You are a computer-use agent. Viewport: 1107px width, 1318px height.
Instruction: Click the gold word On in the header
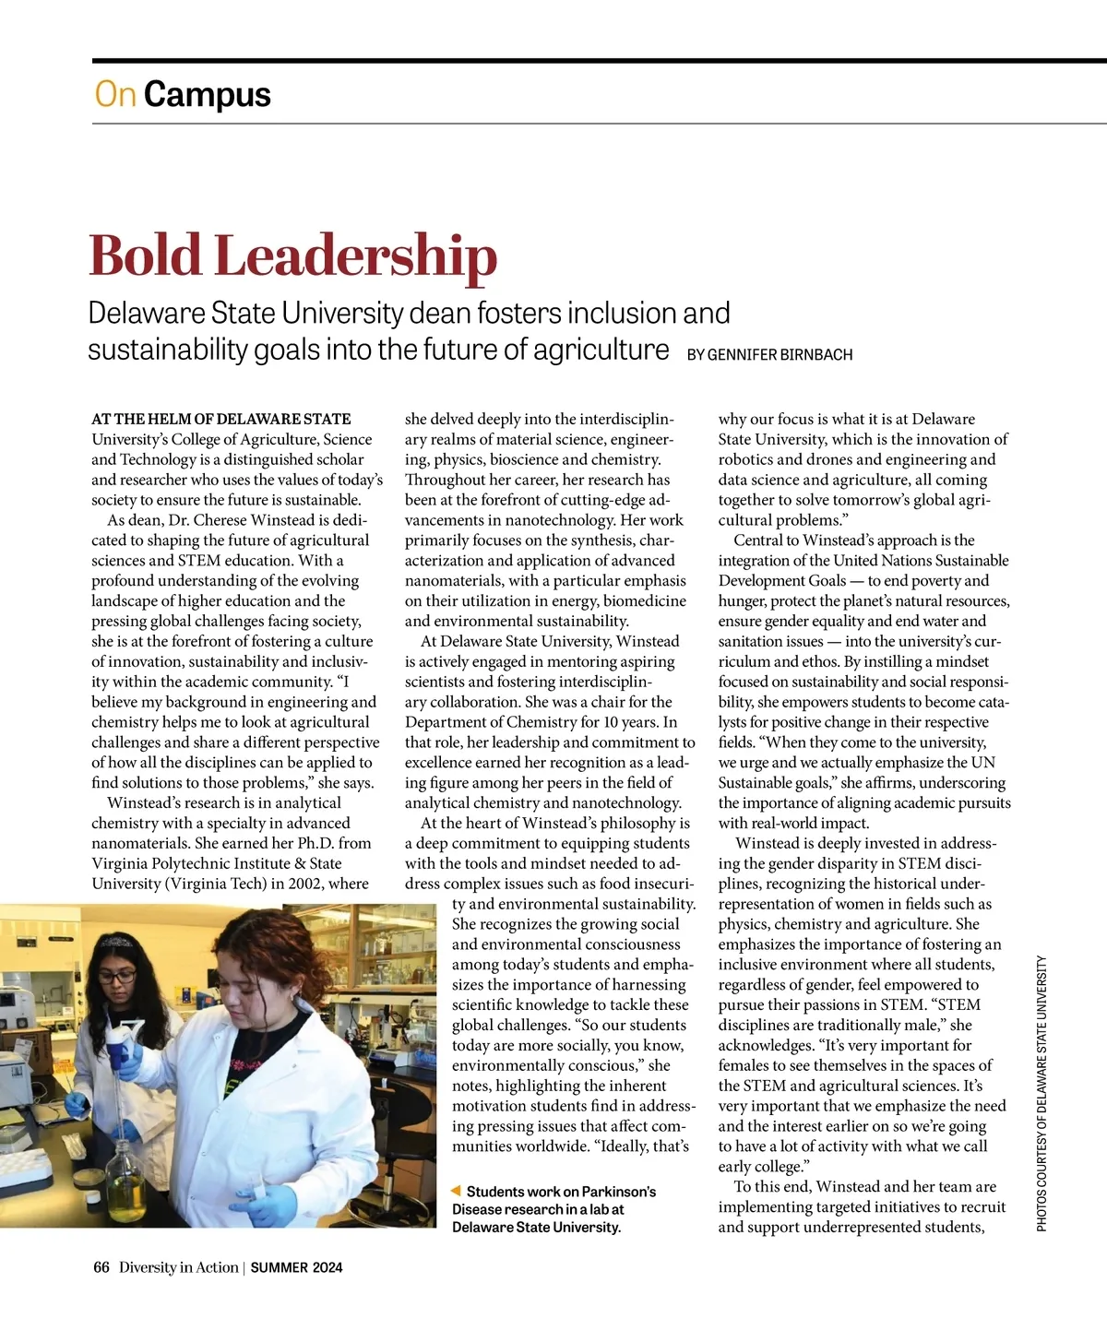(x=114, y=94)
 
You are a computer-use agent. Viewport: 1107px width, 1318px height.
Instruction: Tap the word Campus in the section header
(x=208, y=94)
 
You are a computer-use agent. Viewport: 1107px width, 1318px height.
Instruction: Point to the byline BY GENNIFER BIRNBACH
(x=769, y=354)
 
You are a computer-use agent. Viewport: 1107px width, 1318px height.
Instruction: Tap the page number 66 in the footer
(x=101, y=1267)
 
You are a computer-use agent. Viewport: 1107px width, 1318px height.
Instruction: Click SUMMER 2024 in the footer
(x=296, y=1267)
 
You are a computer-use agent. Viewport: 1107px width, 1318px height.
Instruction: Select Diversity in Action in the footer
(x=178, y=1267)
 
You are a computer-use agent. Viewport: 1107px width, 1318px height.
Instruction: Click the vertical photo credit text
(x=1042, y=1093)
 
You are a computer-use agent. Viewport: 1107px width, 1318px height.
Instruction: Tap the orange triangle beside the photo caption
(x=455, y=1192)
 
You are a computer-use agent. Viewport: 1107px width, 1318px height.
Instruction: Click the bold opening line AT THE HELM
(x=220, y=419)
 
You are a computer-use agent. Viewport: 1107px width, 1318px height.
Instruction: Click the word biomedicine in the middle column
(x=644, y=601)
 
